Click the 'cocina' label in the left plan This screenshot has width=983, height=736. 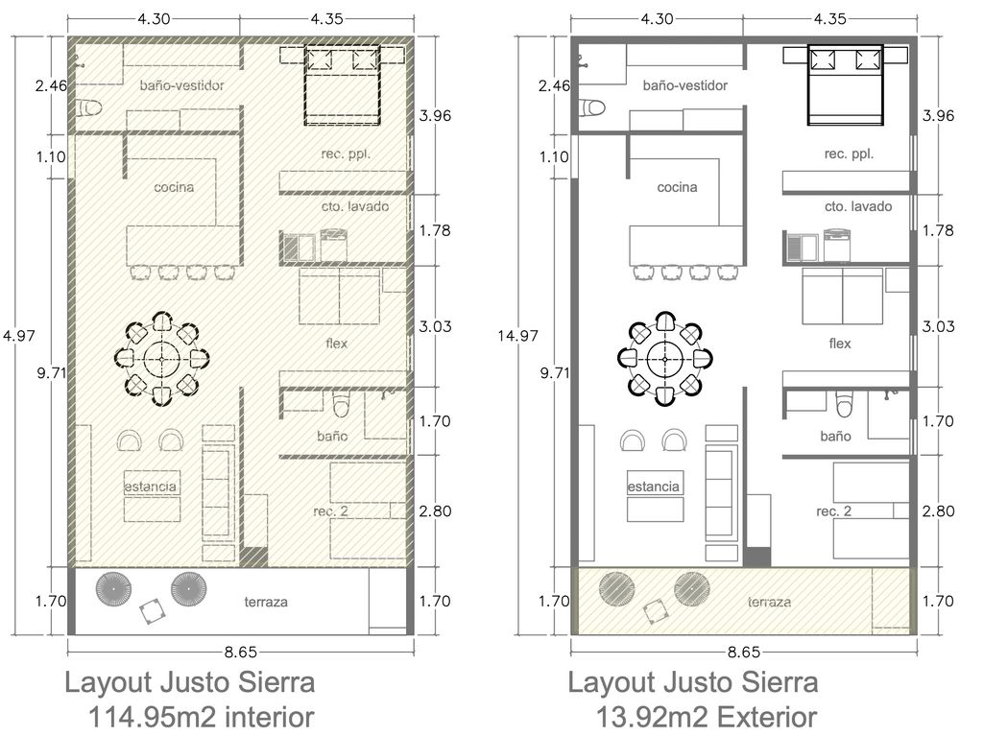click(x=174, y=187)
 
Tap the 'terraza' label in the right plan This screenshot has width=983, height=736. click(x=769, y=602)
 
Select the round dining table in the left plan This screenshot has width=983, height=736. click(x=161, y=359)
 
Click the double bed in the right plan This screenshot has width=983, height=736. click(x=847, y=84)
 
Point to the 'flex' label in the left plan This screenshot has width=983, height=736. click(x=337, y=344)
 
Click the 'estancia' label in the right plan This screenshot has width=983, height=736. click(x=653, y=487)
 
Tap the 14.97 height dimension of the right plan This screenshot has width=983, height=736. click(x=517, y=336)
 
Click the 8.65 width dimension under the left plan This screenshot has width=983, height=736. click(x=241, y=652)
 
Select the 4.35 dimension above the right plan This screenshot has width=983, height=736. click(x=830, y=19)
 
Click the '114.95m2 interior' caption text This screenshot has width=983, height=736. click(x=202, y=717)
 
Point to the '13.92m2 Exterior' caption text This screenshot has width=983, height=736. click(x=706, y=717)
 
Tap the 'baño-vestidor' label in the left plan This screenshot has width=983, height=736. click(x=181, y=85)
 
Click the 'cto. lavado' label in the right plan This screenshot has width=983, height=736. click(x=857, y=206)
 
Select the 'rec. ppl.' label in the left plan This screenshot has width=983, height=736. click(x=346, y=154)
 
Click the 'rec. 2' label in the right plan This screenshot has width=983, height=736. click(x=834, y=511)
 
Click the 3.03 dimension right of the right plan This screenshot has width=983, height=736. click(x=938, y=326)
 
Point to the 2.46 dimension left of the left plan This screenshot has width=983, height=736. click(x=51, y=85)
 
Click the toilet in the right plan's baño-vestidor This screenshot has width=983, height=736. click(x=592, y=108)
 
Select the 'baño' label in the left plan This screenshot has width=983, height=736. click(x=332, y=437)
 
